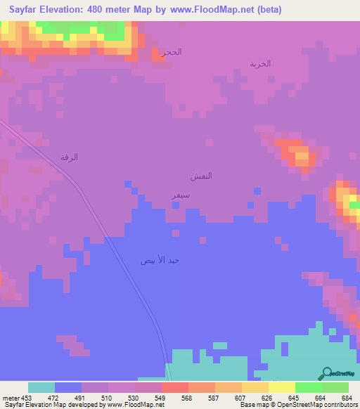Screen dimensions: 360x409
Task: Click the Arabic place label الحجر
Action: [172, 53]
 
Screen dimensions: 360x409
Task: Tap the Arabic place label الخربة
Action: [259, 63]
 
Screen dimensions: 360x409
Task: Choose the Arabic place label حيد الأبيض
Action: [160, 260]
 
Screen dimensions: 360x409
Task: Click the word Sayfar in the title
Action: [21, 10]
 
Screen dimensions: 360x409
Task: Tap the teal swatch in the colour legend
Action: [41, 387]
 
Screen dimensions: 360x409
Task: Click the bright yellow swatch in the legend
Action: [281, 387]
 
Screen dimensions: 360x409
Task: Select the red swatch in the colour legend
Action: [174, 387]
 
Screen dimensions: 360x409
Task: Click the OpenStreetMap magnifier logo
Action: [326, 373]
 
